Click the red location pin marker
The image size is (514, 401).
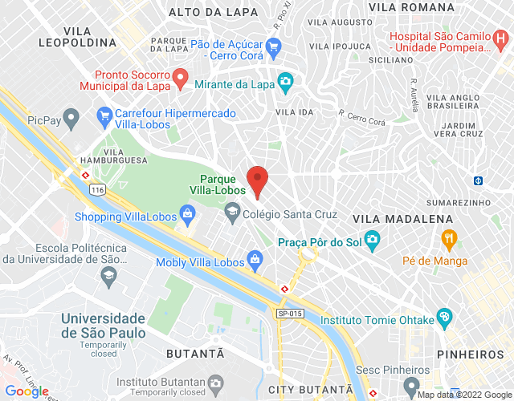point(257,180)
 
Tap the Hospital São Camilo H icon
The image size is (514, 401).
point(502,38)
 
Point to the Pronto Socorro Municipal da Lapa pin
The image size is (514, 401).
point(182,79)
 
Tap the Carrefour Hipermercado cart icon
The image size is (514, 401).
point(104,115)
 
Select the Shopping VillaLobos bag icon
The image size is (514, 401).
point(186,215)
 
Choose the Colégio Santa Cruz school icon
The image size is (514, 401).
point(233,213)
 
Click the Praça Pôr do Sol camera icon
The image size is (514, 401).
point(371,239)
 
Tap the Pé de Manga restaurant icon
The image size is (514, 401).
point(448,238)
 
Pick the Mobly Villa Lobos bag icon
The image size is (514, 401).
point(255,259)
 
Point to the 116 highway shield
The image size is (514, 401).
point(98,189)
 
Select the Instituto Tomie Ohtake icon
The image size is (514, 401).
point(444,318)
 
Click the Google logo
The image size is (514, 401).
point(27,391)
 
